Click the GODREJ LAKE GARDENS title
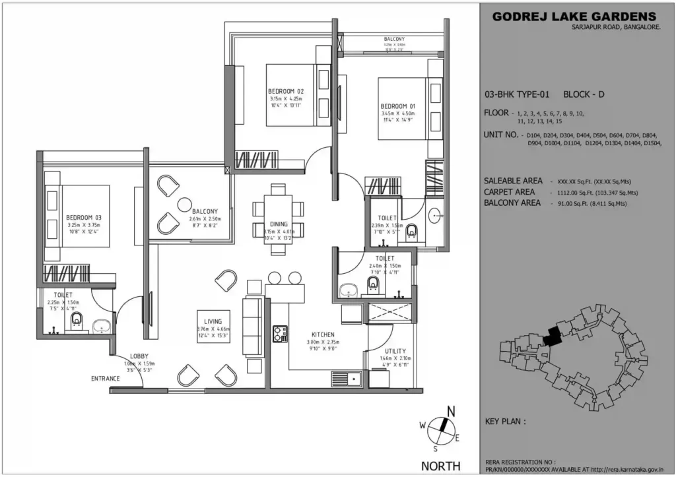(574, 16)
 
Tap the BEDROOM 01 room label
(398, 106)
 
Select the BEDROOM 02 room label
(286, 90)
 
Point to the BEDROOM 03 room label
(83, 217)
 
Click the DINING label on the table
(279, 224)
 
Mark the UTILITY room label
(395, 351)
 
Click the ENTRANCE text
(106, 379)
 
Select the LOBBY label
(139, 356)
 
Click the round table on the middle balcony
(184, 205)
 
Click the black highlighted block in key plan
(551, 336)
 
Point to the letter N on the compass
(452, 412)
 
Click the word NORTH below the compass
(442, 466)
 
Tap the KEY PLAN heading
(506, 420)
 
